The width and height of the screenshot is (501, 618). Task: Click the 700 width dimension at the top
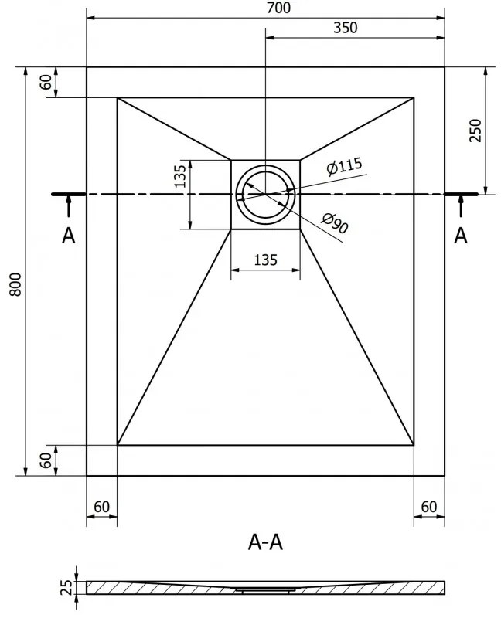click(x=278, y=8)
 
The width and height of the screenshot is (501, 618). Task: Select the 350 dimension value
click(x=346, y=28)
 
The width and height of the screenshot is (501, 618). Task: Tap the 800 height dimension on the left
click(x=15, y=284)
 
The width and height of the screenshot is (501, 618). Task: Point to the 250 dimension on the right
click(x=475, y=130)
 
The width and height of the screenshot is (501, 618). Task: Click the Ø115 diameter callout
click(x=344, y=166)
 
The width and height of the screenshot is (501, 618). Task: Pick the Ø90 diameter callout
click(x=335, y=223)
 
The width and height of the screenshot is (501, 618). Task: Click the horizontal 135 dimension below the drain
click(x=266, y=260)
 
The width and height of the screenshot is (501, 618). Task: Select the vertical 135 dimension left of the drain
click(x=180, y=176)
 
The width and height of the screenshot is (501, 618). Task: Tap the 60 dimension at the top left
click(x=46, y=82)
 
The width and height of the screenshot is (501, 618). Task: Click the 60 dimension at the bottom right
click(x=429, y=507)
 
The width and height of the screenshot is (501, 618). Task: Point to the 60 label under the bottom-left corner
click(x=101, y=507)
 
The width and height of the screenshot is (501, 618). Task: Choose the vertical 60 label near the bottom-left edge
click(x=46, y=460)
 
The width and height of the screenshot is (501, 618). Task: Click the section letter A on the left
click(x=68, y=236)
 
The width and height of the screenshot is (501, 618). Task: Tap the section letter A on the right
click(x=460, y=236)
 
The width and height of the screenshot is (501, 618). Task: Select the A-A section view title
click(x=265, y=542)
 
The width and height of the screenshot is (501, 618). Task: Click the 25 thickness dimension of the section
click(x=68, y=587)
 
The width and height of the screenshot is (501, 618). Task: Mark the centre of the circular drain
click(x=265, y=195)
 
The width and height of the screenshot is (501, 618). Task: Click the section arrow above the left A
click(x=69, y=205)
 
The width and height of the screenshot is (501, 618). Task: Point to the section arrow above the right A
click(x=460, y=205)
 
